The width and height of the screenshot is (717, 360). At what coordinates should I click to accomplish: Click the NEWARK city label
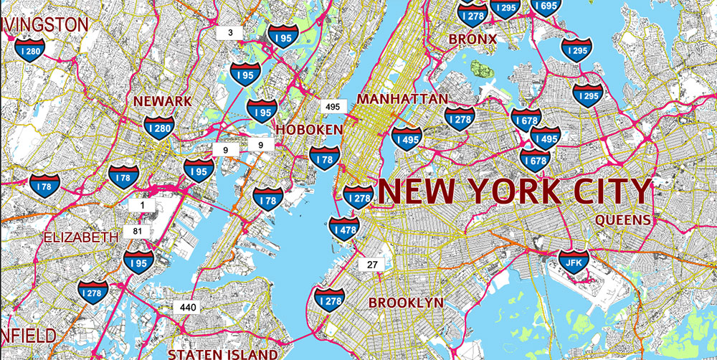click(x=163, y=101)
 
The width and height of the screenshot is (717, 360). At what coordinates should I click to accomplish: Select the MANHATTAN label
click(x=402, y=98)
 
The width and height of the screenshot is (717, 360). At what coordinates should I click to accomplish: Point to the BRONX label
click(x=473, y=39)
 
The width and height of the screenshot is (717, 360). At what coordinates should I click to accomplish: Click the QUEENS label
click(x=622, y=219)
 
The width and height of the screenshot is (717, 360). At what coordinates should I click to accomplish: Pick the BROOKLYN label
click(x=406, y=303)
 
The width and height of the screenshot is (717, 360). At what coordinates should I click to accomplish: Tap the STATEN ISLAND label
click(x=222, y=354)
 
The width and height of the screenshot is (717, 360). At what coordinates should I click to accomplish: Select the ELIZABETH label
click(x=81, y=237)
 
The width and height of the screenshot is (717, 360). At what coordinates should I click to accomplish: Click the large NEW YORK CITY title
click(x=514, y=191)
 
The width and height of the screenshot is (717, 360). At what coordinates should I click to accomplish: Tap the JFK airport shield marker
click(x=573, y=261)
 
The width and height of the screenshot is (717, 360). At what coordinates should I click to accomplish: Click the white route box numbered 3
click(x=230, y=32)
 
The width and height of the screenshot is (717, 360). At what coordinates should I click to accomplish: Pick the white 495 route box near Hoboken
click(x=333, y=106)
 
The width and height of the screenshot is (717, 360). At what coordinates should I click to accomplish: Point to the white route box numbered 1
click(x=141, y=205)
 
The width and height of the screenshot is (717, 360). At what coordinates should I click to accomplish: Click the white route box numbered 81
click(x=136, y=231)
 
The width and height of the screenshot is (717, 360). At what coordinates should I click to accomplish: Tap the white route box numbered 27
click(x=372, y=265)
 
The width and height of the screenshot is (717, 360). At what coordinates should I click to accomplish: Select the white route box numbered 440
click(x=188, y=307)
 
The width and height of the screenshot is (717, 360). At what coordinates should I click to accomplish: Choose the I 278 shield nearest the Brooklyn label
click(x=330, y=300)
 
